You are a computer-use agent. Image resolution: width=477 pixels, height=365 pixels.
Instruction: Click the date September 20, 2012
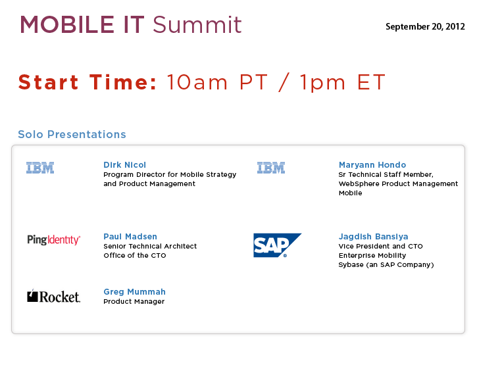pyautogui.click(x=425, y=27)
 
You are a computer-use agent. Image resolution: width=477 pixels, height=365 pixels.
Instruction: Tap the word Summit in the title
pyautogui.click(x=197, y=24)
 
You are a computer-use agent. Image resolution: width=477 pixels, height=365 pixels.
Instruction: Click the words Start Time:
pyautogui.click(x=88, y=82)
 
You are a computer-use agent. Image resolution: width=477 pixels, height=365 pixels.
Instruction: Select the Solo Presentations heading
pyautogui.click(x=72, y=134)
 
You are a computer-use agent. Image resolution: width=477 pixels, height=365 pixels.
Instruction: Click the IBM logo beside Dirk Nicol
pyautogui.click(x=40, y=168)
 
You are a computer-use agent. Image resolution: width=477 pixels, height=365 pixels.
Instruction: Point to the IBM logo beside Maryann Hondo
pyautogui.click(x=271, y=168)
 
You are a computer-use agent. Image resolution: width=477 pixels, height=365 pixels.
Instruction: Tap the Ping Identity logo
pyautogui.click(x=54, y=239)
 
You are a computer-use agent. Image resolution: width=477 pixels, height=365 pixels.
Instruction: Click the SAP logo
pyautogui.click(x=277, y=245)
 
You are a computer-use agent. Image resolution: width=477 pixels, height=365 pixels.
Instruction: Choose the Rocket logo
pyautogui.click(x=53, y=296)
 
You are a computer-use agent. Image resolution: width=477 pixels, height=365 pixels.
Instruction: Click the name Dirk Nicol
pyautogui.click(x=125, y=165)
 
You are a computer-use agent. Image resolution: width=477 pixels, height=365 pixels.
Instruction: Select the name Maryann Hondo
pyautogui.click(x=372, y=165)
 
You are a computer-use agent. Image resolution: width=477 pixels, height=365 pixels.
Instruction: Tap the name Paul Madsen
pyautogui.click(x=130, y=236)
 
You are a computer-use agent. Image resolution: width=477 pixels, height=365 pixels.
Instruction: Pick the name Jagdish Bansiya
pyautogui.click(x=373, y=237)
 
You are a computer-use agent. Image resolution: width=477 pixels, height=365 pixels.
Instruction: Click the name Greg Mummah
pyautogui.click(x=134, y=292)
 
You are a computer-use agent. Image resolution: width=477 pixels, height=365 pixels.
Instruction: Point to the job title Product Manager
pyautogui.click(x=134, y=301)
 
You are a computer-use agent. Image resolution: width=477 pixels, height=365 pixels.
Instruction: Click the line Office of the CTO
pyautogui.click(x=135, y=255)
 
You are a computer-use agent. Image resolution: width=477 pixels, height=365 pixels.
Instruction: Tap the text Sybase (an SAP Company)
pyautogui.click(x=386, y=264)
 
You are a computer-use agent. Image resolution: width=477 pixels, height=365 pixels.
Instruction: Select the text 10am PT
pyautogui.click(x=217, y=82)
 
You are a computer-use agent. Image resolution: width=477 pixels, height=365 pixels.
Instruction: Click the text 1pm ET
pyautogui.click(x=343, y=82)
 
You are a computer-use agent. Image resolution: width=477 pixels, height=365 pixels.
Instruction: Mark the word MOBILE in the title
pyautogui.click(x=67, y=24)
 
